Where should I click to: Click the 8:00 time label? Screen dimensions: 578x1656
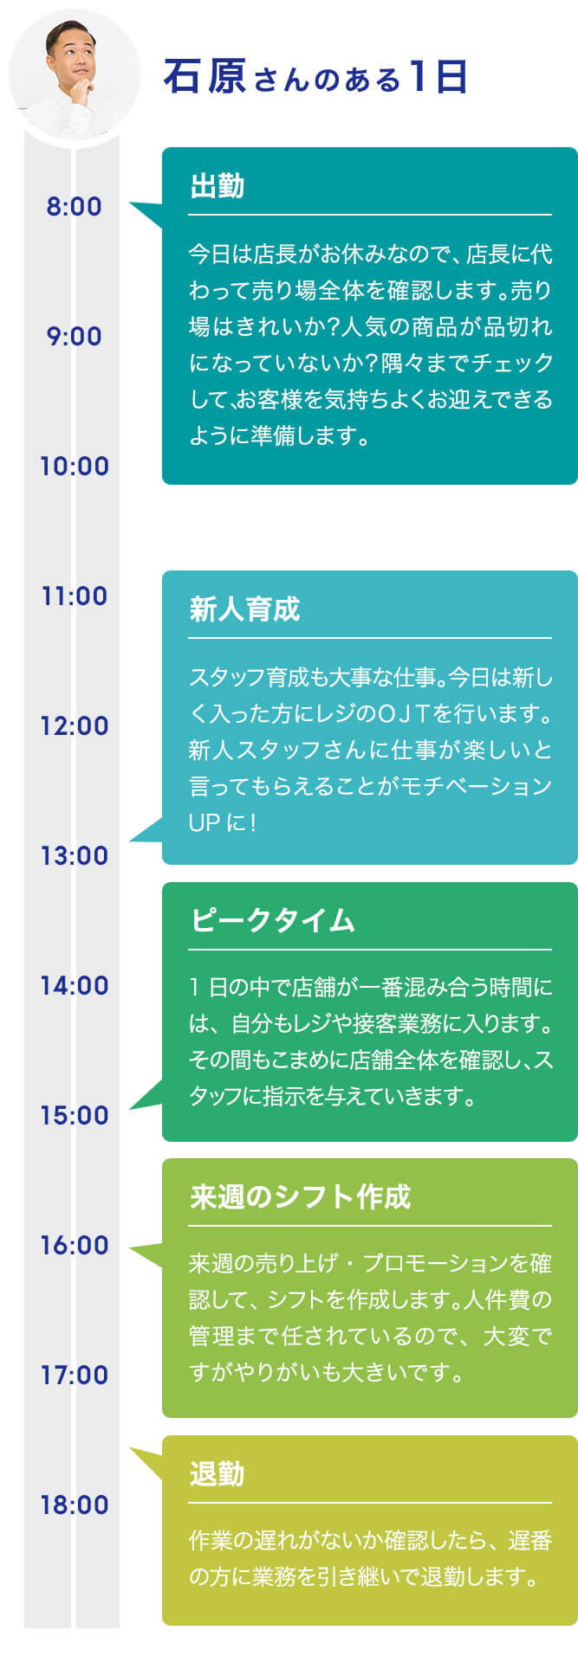pos(75,207)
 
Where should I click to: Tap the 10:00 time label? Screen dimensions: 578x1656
pos(75,467)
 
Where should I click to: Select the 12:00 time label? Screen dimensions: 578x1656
pos(75,726)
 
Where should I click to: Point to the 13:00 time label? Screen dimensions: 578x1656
pos(75,856)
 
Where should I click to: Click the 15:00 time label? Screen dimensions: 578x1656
pos(75,1116)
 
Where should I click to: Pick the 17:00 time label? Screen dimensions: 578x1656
pos(75,1376)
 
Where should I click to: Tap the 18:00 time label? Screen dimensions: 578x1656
pos(75,1505)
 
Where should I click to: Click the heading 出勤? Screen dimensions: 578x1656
pos(217,186)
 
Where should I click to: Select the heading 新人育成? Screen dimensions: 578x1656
pos(244,609)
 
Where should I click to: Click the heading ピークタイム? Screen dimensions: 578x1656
pos(272,920)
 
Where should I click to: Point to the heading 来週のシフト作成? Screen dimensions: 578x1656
pos(300,1196)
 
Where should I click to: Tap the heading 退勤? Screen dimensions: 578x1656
pos(217,1473)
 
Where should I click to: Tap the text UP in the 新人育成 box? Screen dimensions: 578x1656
pos(205,822)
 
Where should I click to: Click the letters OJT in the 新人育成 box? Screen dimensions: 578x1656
pos(406,714)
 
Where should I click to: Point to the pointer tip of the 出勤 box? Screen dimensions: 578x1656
pos(131,205)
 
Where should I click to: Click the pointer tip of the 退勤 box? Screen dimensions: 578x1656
pos(131,1447)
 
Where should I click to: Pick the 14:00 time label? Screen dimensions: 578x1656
pos(75,986)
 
